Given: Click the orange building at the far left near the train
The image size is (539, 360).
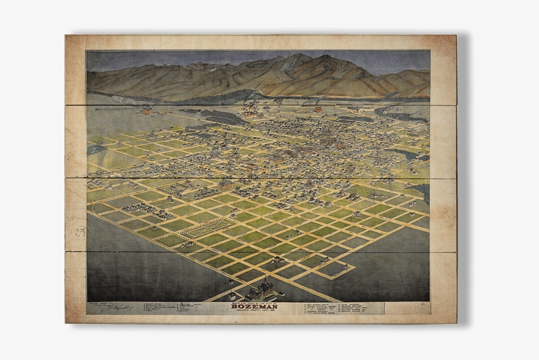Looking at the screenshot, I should tap(146, 111).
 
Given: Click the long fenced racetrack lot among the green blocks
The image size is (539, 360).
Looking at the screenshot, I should tap(207, 228).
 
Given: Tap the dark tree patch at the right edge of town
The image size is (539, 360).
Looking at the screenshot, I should tap(414, 154).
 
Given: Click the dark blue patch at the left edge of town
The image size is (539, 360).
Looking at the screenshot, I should tap(96, 149).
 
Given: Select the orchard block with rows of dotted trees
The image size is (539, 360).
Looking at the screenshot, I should tap(393, 213).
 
